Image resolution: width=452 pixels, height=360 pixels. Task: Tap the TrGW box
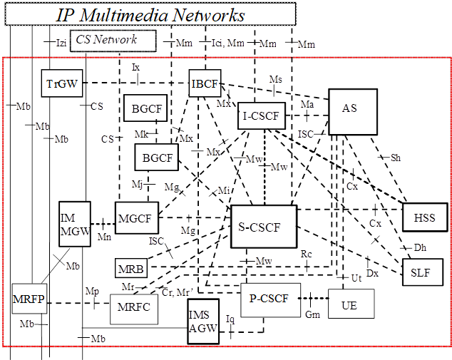tap(62, 83)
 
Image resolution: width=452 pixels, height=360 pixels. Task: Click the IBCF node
tap(205, 83)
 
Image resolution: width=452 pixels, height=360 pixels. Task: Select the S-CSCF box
tap(264, 227)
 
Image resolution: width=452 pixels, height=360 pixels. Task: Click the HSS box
tap(424, 217)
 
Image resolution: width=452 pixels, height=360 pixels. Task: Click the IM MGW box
tap(75, 224)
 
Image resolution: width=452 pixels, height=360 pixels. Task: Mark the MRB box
tap(130, 269)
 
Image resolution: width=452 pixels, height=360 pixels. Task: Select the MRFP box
tap(29, 299)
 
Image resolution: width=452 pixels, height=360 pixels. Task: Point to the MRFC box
tap(133, 308)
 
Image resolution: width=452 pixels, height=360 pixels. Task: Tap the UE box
tap(350, 304)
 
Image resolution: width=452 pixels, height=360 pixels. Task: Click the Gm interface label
tap(312, 314)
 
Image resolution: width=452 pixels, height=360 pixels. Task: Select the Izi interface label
tap(61, 43)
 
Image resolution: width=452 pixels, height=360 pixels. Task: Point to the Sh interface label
tap(395, 158)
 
